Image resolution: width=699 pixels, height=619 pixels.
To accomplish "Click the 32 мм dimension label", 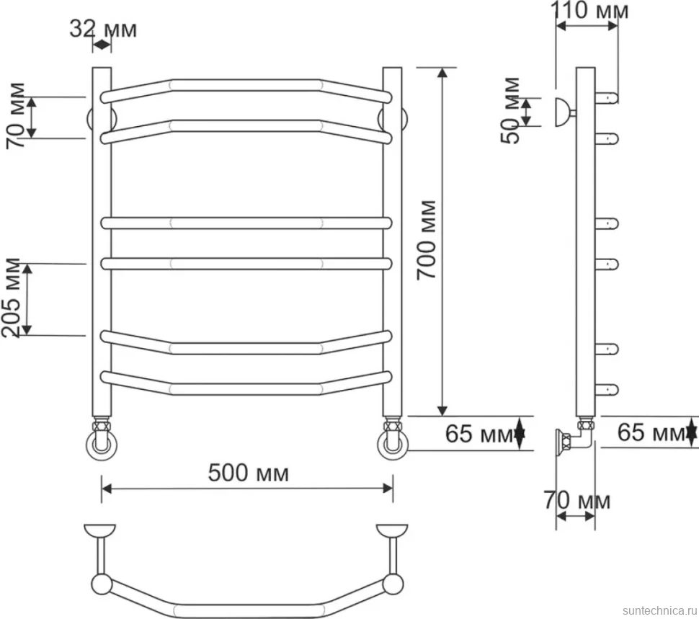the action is pos(103,30).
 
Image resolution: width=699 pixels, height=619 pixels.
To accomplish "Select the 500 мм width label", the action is pos(249,473).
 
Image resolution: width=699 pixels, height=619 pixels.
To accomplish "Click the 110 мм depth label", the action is pos(589,10).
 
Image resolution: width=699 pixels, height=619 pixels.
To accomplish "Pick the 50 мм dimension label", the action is pos(510,110).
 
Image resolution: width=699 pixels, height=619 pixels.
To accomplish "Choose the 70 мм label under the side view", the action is pos(576,500).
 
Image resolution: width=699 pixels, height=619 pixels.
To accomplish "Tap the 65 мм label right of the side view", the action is pos(651,432).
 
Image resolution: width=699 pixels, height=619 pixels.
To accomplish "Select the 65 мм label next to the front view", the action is pos(479,433).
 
